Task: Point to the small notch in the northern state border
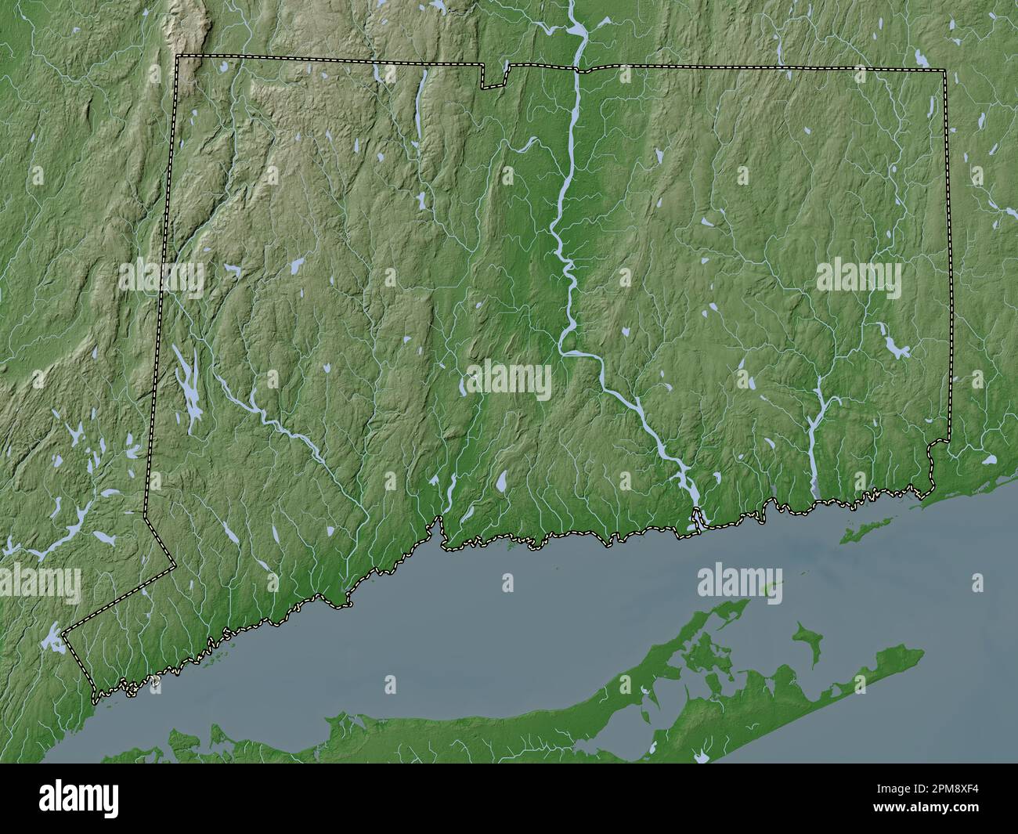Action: tap(494, 76)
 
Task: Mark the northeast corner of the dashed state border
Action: tap(945, 70)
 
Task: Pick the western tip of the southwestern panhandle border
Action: tap(63, 631)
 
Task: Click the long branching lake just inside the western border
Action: tap(188, 385)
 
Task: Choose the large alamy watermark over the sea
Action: tap(739, 583)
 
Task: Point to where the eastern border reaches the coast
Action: tap(931, 490)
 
